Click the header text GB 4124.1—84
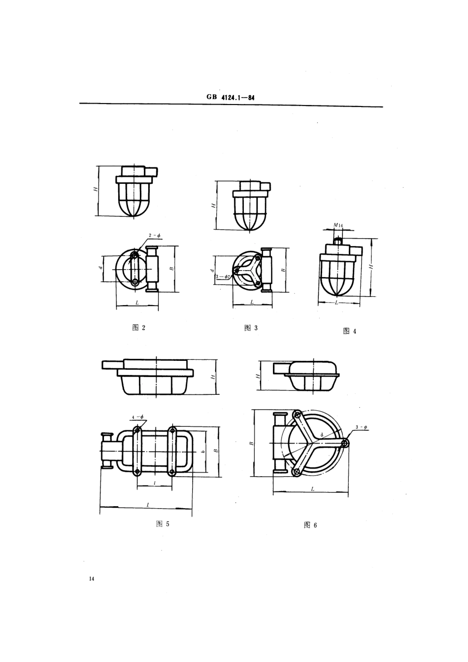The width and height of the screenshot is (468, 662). (x=231, y=98)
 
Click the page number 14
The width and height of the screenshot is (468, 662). (x=91, y=578)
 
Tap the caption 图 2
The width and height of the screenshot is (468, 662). (x=139, y=328)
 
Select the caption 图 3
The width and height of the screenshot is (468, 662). (x=251, y=328)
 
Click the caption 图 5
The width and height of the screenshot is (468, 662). (x=163, y=523)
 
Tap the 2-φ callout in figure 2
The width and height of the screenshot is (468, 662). (x=154, y=236)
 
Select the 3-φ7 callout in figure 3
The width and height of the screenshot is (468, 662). (x=224, y=277)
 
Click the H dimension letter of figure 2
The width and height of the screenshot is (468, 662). (x=97, y=189)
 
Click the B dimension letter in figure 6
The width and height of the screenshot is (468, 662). (x=251, y=444)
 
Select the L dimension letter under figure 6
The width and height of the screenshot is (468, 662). (x=313, y=488)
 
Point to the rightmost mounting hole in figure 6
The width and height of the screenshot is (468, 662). (x=345, y=443)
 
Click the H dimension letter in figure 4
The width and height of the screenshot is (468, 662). (x=371, y=266)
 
